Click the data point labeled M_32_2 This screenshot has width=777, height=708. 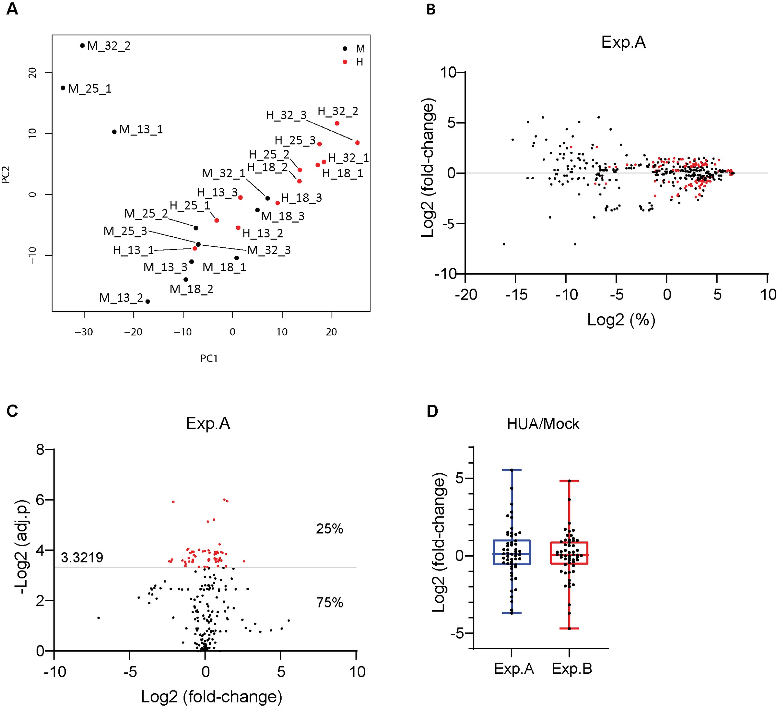[x=82, y=46]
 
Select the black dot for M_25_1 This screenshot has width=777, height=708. [x=63, y=88]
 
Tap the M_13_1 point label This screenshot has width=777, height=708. [x=141, y=130]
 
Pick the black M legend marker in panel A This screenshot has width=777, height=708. [x=345, y=49]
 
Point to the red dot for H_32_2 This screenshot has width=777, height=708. [x=337, y=123]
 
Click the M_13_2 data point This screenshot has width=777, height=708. [x=148, y=301]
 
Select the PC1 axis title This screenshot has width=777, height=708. [x=209, y=358]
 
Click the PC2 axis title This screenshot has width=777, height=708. [x=6, y=174]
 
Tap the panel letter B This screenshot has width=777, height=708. [x=431, y=9]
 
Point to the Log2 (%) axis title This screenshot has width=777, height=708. [x=621, y=320]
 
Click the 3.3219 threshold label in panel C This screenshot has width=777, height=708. [x=82, y=557]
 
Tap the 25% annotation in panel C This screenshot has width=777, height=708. [x=330, y=529]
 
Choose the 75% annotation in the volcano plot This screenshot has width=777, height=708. [x=330, y=602]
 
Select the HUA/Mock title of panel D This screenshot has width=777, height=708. [x=543, y=424]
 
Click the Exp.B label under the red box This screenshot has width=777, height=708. [x=572, y=669]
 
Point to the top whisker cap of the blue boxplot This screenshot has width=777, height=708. [x=512, y=470]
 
